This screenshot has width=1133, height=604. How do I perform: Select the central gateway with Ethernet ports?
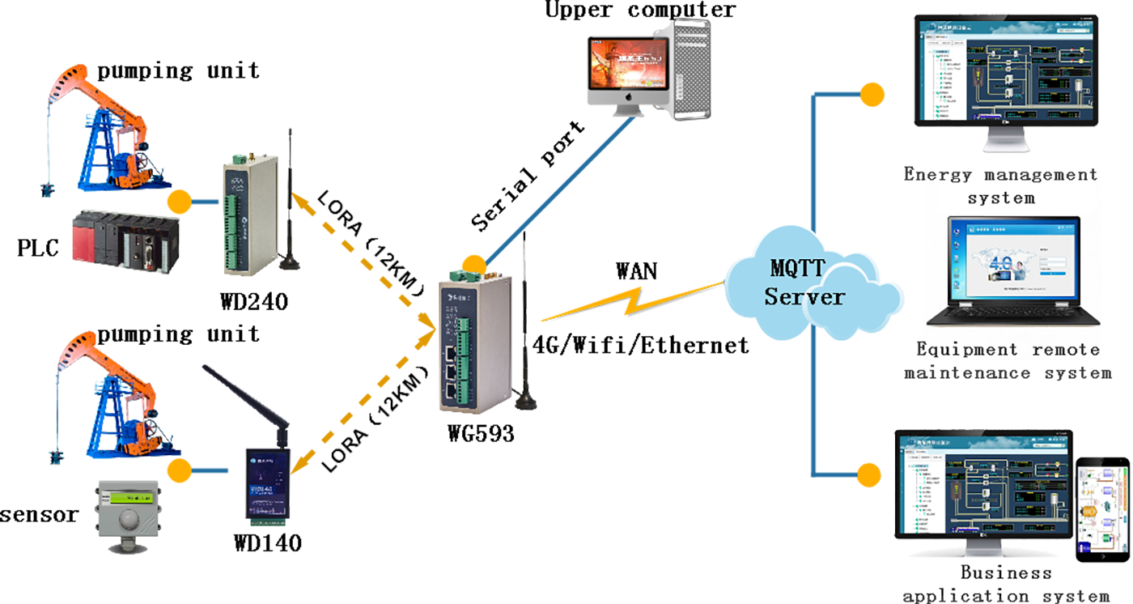click(x=468, y=340)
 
